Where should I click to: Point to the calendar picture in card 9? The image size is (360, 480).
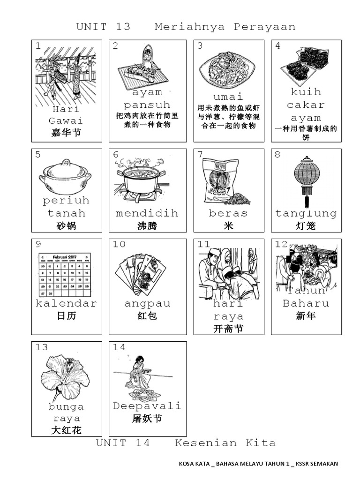(66, 274)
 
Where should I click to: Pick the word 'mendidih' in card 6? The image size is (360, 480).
(147, 213)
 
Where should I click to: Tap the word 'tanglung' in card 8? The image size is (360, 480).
(306, 213)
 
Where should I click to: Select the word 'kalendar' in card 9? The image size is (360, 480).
(67, 303)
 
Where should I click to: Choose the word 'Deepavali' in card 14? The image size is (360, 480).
(147, 406)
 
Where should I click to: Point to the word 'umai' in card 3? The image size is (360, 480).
(228, 97)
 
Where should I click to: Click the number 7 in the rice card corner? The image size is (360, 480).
(200, 154)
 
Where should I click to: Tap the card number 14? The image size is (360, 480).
(119, 347)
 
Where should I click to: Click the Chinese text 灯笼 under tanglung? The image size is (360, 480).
(306, 226)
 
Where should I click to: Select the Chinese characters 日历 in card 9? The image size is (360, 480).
(67, 316)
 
